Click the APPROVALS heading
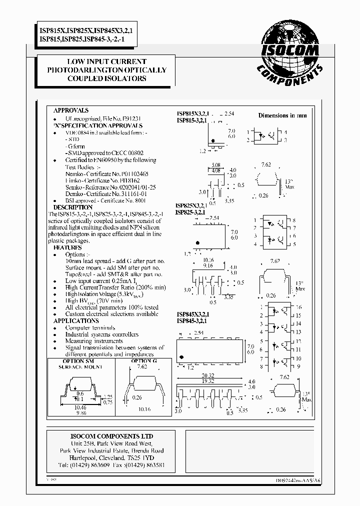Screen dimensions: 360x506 71,110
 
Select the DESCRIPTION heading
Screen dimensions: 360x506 73,207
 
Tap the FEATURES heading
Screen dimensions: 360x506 68,247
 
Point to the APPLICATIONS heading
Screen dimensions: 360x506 76,320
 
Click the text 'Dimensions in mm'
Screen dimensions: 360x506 282,115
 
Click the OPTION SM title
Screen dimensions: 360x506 78,361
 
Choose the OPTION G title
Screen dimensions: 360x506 144,361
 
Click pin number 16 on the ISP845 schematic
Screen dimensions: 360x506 298,307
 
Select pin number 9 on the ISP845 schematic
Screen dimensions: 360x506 298,366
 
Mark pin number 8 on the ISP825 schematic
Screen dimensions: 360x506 294,220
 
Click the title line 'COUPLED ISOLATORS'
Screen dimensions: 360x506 108,78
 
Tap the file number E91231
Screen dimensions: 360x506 131,118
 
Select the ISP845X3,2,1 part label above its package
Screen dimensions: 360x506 192,314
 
